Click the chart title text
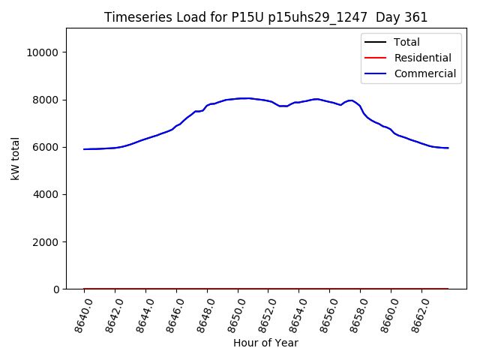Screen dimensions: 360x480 265,17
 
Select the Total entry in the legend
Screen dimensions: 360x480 406,42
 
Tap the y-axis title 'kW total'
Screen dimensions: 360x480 16,159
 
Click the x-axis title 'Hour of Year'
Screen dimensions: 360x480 265,343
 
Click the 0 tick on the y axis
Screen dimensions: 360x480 56,289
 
